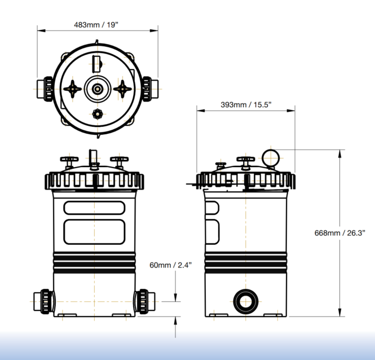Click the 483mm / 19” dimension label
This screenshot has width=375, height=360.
96,25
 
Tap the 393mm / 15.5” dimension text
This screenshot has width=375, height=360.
246,104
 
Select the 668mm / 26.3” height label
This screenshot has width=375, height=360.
340,233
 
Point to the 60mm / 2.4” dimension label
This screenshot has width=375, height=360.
170,265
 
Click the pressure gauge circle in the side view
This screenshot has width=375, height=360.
271,158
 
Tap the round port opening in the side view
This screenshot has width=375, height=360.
246,301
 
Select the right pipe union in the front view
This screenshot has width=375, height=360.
145,301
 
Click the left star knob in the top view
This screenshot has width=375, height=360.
73,89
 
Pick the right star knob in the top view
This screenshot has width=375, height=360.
122,89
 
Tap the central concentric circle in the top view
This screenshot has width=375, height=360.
98,89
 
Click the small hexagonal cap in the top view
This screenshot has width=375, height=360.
98,114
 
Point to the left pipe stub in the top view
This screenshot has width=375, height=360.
45,89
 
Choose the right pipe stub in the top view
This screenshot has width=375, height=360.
151,89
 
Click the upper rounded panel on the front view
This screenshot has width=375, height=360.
94,208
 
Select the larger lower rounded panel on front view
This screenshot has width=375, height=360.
94,232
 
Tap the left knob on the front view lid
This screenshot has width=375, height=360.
69,162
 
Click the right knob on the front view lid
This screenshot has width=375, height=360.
120,162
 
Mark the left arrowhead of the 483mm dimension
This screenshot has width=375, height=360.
41,30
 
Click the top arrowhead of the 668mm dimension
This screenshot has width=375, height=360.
339,154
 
